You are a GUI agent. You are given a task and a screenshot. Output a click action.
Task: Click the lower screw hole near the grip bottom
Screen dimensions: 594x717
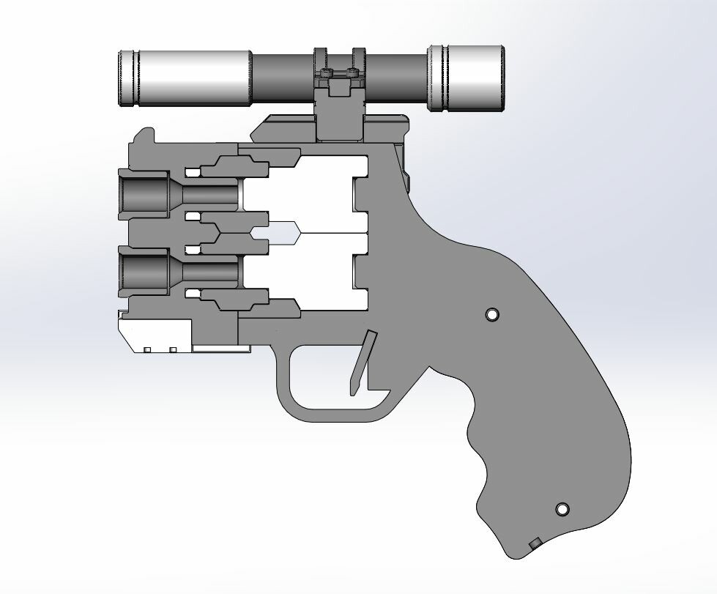tap(562, 509)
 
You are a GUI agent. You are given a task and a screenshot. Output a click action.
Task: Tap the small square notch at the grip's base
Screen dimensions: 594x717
tap(535, 543)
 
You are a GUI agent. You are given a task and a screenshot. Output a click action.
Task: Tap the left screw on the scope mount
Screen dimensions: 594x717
tap(327, 74)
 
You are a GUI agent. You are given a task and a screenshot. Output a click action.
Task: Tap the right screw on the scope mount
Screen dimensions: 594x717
tap(353, 74)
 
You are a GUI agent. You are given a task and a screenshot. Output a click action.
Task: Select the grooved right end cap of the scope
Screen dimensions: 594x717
tap(467, 78)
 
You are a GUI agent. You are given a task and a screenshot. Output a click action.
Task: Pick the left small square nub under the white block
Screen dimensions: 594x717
tap(147, 350)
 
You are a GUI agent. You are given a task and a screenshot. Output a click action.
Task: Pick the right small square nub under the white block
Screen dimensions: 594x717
tap(174, 350)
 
